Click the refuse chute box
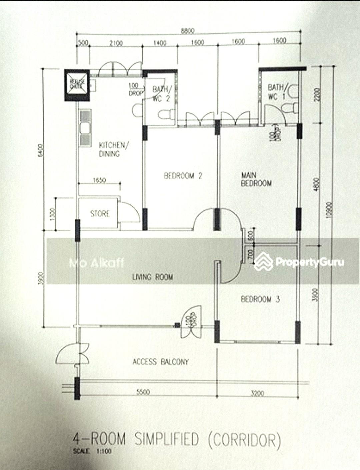tap(77, 85)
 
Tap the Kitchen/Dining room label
tap(111, 149)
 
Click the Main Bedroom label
tap(256, 179)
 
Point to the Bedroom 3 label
tap(260, 299)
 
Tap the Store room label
tap(100, 214)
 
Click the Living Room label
tap(153, 277)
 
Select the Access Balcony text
tap(161, 362)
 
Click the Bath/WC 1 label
tap(276, 92)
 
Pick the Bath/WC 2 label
tap(162, 94)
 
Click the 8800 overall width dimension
tap(187, 31)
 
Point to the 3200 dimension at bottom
tap(257, 393)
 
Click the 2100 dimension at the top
tap(116, 43)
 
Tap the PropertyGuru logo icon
tap(263, 261)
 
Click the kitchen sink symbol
tap(85, 128)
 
